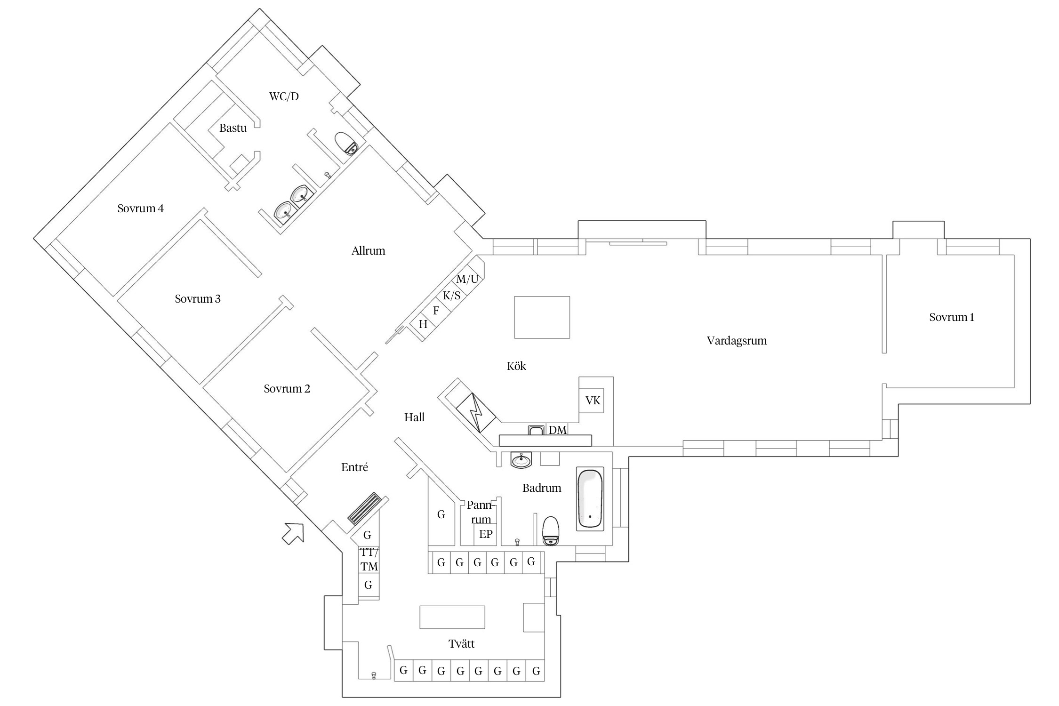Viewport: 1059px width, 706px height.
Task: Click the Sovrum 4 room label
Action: [141, 209]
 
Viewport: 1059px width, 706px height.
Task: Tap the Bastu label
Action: [233, 128]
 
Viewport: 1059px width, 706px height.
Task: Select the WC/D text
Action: [284, 96]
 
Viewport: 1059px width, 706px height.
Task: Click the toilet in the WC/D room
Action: [347, 143]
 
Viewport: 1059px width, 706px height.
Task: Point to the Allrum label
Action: [368, 251]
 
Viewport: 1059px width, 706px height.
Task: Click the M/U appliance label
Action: [467, 279]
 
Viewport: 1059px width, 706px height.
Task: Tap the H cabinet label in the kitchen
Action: [423, 324]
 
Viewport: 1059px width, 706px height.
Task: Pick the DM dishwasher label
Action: [558, 430]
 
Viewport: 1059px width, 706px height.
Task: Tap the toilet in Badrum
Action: [551, 530]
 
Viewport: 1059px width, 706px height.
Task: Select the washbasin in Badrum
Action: [521, 460]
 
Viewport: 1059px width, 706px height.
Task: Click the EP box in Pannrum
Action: [486, 534]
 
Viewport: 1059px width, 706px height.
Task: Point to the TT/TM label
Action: [369, 559]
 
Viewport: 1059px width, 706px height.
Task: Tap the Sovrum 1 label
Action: [952, 317]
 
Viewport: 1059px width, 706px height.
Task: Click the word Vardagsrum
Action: [737, 341]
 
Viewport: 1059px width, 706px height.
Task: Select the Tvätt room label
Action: [461, 644]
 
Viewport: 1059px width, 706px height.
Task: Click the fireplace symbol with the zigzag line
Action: [477, 413]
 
